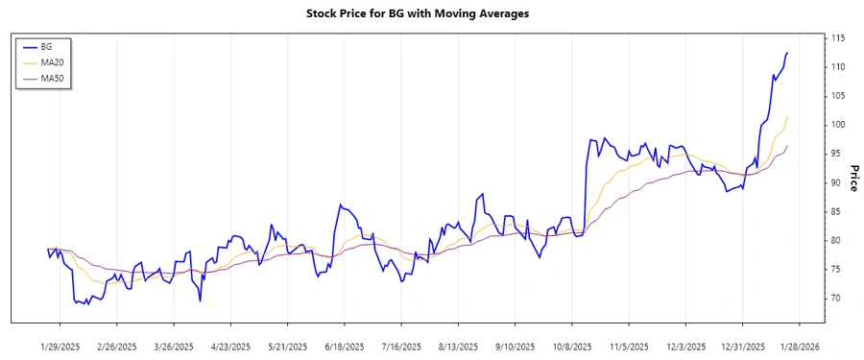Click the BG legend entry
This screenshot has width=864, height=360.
[x=46, y=46]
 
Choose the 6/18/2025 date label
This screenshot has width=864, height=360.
[x=345, y=346]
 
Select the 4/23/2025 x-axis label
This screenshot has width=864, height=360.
[x=231, y=346]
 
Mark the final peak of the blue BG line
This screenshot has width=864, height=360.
[x=787, y=53]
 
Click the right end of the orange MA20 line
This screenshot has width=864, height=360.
[x=787, y=117]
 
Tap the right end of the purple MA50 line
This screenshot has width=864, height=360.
[x=787, y=146]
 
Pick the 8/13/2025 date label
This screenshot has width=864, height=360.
[x=457, y=346]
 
